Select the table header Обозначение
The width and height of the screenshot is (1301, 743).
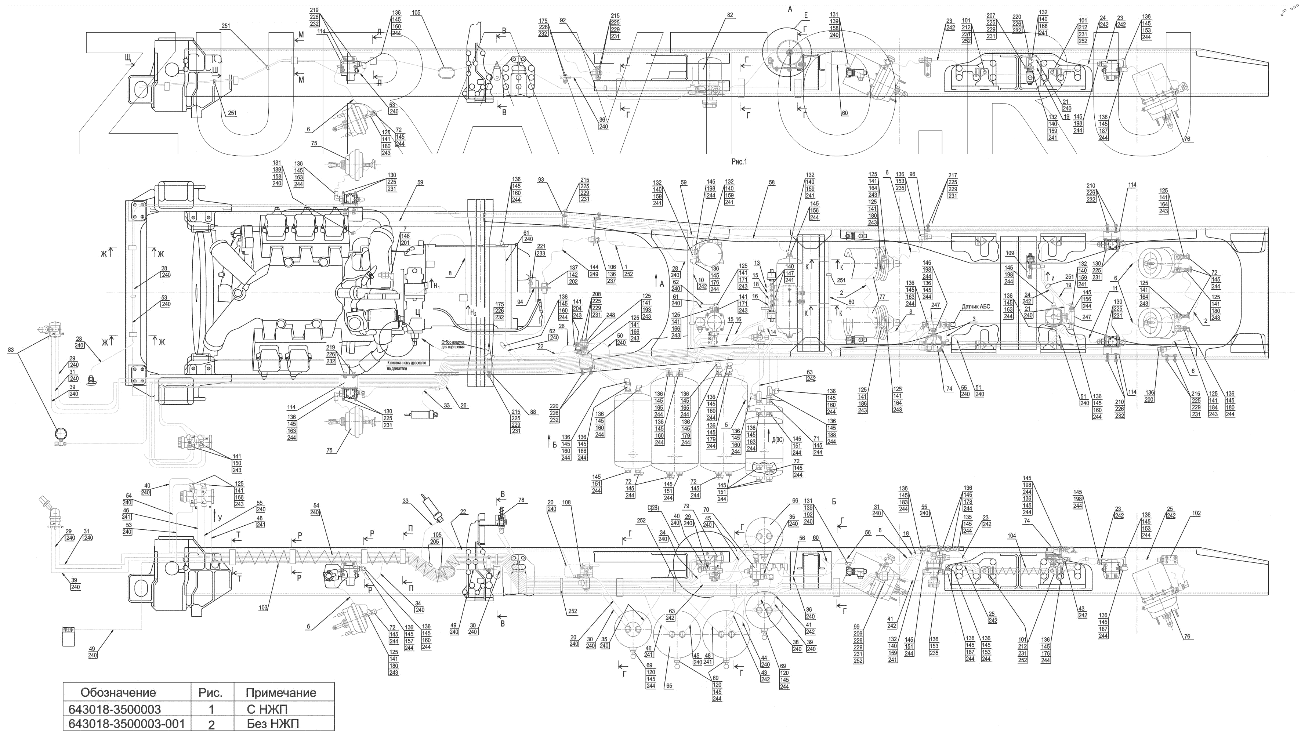(x=118, y=692)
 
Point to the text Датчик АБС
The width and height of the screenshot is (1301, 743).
(x=976, y=307)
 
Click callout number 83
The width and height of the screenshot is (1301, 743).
(x=11, y=350)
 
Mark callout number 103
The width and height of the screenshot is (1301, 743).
(x=263, y=608)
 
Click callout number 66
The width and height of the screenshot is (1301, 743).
(x=795, y=501)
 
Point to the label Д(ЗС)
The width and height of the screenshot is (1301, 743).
(x=778, y=440)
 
